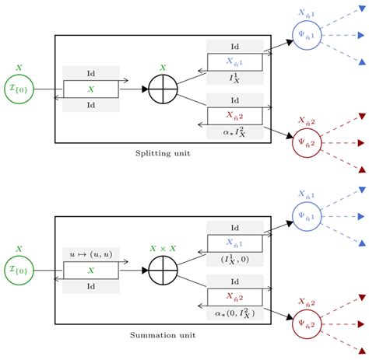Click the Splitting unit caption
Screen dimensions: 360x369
click(163, 153)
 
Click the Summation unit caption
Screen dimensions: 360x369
click(163, 335)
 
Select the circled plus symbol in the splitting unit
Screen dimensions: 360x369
click(163, 89)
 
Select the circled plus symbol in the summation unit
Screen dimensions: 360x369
click(163, 271)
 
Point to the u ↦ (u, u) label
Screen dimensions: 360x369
click(90, 253)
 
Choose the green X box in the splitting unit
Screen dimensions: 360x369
click(90, 89)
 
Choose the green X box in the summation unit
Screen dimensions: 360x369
click(90, 271)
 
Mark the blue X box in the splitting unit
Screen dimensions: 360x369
click(234, 62)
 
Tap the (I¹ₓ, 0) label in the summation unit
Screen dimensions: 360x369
click(234, 259)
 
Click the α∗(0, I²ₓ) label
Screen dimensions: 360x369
click(234, 313)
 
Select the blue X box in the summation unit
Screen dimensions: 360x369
click(234, 243)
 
